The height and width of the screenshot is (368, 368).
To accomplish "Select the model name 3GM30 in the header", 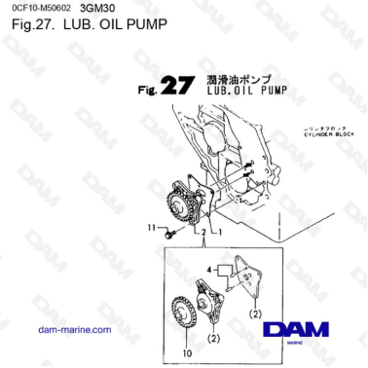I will click(x=100, y=9).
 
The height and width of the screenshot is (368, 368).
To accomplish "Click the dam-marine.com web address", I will click(x=74, y=329).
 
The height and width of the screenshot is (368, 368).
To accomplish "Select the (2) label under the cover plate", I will click(x=252, y=313).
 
